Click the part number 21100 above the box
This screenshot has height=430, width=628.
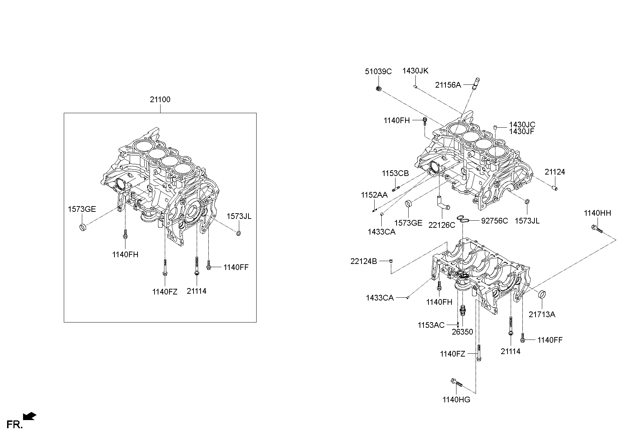[160, 100]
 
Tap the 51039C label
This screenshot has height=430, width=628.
[378, 72]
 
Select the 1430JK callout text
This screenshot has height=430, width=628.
[415, 71]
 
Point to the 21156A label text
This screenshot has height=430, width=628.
[448, 85]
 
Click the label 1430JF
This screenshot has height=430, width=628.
[522, 132]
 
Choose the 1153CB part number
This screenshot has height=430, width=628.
[395, 173]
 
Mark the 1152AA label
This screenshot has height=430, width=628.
[374, 195]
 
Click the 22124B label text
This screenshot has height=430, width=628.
[364, 261]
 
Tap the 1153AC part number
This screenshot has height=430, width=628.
[431, 325]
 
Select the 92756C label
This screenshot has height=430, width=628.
[494, 221]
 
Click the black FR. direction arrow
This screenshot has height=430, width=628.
[29, 416]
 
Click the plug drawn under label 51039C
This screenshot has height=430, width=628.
[379, 88]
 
